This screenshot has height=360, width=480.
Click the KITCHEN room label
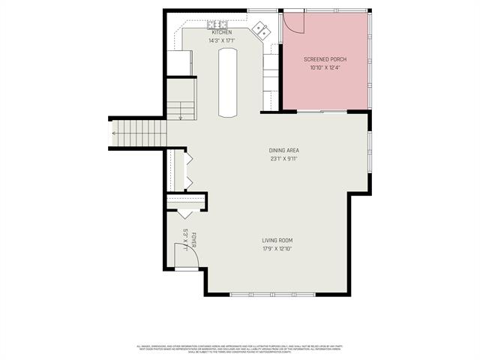[221, 33]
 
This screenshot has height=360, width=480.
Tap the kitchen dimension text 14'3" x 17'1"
[221, 40]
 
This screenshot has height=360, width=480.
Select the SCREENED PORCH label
[325, 59]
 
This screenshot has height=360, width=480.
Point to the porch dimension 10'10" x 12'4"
[325, 67]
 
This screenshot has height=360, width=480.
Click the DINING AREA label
[284, 150]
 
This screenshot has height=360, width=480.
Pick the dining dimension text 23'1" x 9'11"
[284, 158]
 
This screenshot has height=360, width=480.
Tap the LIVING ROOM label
[277, 240]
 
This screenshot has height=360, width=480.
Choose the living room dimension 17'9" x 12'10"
[277, 248]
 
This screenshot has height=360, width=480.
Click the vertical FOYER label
[193, 240]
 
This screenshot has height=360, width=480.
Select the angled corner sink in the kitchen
[262, 31]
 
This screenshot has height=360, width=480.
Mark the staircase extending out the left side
[139, 133]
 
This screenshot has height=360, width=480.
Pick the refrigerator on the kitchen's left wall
[179, 62]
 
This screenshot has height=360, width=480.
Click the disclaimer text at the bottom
[240, 349]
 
